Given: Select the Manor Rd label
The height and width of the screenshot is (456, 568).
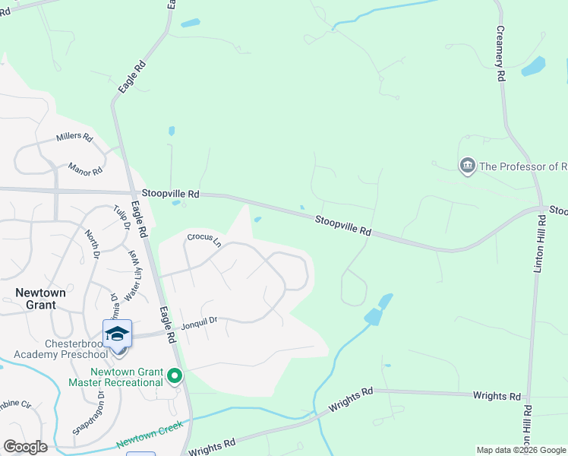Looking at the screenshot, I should (84, 168).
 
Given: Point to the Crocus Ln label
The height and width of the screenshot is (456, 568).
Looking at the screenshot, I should (204, 239).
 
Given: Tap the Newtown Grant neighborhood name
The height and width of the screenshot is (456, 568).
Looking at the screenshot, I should (36, 298).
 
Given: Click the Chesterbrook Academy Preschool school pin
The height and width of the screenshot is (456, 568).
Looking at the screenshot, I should (118, 334).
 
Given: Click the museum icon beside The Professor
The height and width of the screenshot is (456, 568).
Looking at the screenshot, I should (467, 166).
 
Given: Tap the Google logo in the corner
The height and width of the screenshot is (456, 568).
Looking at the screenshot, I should (25, 446).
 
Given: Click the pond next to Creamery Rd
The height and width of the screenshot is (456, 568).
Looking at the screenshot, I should (533, 67).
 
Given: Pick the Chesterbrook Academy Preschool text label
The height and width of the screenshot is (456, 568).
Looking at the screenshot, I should (62, 349).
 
